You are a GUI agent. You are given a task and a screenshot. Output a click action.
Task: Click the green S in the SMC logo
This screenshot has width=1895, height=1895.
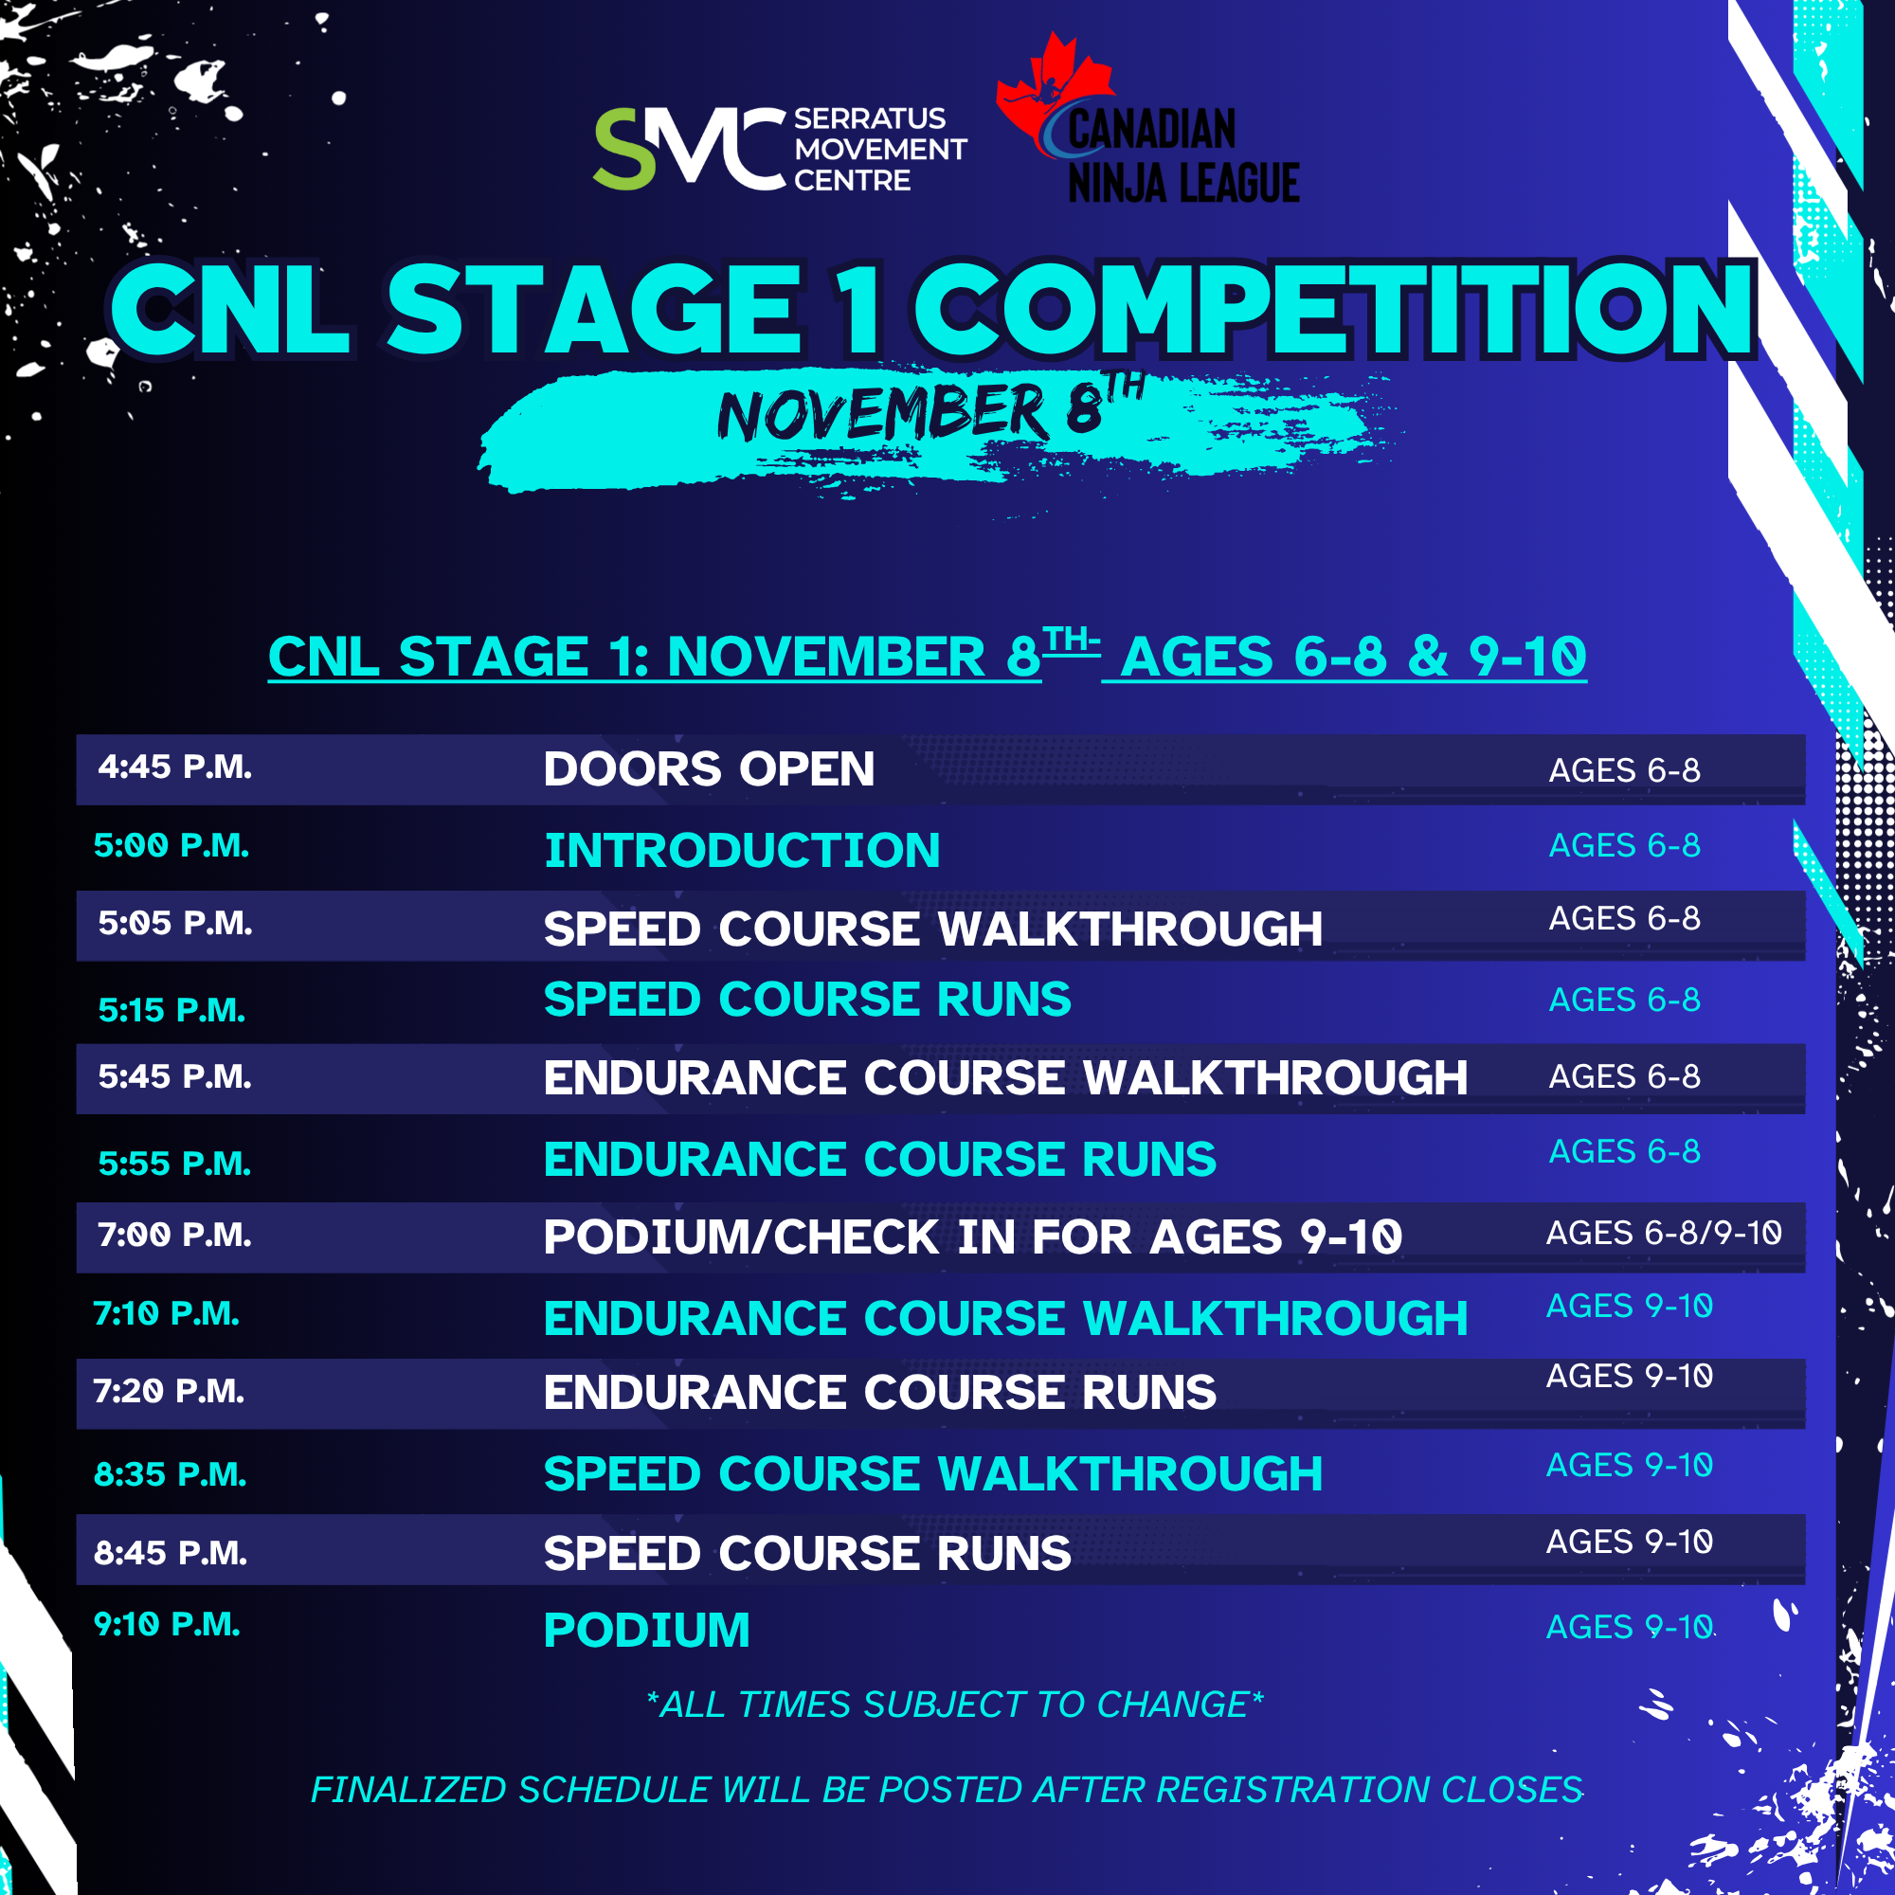(x=624, y=148)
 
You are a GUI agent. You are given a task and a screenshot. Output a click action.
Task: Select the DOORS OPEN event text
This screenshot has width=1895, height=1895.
(x=708, y=769)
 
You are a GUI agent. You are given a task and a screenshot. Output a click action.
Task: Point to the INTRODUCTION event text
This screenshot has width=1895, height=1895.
(x=742, y=851)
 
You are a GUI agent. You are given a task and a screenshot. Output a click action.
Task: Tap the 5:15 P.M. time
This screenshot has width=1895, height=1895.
(x=171, y=1009)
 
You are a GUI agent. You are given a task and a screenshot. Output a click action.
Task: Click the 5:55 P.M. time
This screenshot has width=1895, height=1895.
(x=174, y=1163)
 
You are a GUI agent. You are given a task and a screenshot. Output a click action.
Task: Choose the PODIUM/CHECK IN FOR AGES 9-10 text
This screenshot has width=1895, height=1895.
(x=972, y=1236)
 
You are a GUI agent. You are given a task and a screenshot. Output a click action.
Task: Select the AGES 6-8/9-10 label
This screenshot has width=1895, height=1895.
(x=1664, y=1232)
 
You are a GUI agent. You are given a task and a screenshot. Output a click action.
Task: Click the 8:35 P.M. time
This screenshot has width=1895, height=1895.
(x=170, y=1473)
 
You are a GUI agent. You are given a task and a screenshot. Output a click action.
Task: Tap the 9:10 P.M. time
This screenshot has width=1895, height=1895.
(x=167, y=1623)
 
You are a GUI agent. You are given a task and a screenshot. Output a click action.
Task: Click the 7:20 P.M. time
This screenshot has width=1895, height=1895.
(x=168, y=1390)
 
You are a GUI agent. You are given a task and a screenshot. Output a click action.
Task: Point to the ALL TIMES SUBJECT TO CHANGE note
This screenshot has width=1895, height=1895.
(x=954, y=1705)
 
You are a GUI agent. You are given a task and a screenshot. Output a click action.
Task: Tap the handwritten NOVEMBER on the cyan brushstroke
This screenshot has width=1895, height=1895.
(x=881, y=413)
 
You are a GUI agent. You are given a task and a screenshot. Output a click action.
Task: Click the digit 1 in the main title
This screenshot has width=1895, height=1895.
(x=859, y=310)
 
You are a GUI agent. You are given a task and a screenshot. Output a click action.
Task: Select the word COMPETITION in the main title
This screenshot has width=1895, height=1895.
(x=1334, y=309)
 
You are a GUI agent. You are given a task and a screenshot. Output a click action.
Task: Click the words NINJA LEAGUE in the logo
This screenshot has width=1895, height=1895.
(x=1182, y=183)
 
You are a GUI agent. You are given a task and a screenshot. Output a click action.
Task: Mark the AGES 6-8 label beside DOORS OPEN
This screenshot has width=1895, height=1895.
(x=1624, y=770)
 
